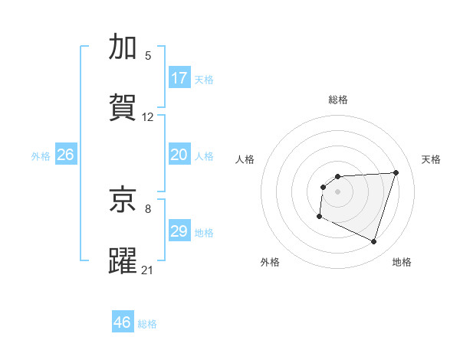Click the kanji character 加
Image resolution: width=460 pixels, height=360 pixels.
(x=123, y=47)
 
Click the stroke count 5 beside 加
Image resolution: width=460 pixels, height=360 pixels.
(x=148, y=56)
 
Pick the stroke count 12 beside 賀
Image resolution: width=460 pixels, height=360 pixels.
(x=148, y=117)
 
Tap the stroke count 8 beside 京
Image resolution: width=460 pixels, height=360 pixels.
(x=148, y=208)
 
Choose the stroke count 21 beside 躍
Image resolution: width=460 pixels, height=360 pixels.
(x=148, y=270)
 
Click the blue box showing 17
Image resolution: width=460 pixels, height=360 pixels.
(x=179, y=78)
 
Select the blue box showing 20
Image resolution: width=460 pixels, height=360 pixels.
(x=179, y=155)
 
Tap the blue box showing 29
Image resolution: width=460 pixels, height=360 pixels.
(x=179, y=231)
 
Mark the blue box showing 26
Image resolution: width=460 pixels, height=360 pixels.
(x=65, y=155)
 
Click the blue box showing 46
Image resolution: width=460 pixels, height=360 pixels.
(x=123, y=322)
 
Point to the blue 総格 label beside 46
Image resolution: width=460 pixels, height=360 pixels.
(x=147, y=324)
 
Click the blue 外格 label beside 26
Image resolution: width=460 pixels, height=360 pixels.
(x=41, y=156)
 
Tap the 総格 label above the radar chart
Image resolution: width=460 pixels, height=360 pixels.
(x=338, y=100)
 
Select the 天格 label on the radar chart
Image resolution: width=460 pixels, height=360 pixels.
(x=432, y=159)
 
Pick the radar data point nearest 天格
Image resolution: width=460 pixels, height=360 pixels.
(x=396, y=172)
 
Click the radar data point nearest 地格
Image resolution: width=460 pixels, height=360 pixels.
(x=373, y=242)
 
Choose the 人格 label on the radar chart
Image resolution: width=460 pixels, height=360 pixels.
(x=245, y=159)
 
